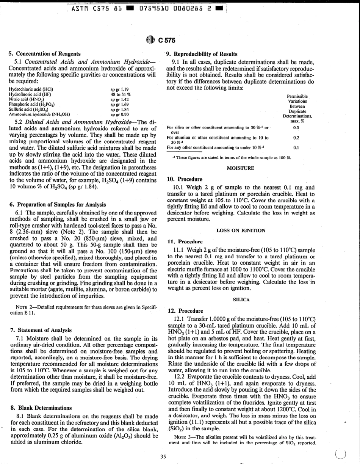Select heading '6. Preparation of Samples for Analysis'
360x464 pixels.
[x=57, y=205]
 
